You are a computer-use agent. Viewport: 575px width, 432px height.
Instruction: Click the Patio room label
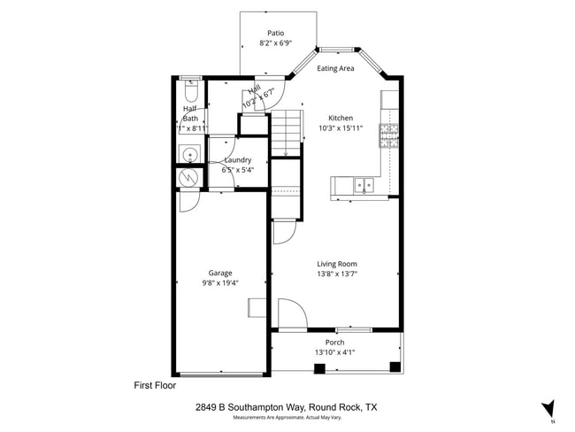coord(277,32)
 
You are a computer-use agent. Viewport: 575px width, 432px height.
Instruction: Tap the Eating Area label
coord(336,68)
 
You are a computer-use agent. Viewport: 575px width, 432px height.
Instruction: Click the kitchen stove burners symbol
coord(388,135)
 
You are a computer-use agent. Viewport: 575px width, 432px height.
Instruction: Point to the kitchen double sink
coord(363,185)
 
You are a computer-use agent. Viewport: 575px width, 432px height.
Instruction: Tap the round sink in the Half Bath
coord(188,156)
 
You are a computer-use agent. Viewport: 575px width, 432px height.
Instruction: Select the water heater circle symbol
coord(188,177)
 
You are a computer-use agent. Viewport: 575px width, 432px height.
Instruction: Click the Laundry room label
coord(237,160)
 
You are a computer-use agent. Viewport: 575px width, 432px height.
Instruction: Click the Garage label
coord(220,273)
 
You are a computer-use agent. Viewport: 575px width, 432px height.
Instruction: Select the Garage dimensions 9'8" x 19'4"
coord(220,283)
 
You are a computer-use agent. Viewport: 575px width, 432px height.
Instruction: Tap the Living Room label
coord(337,264)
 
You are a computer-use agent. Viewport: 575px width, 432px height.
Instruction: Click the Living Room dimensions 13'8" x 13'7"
coord(337,274)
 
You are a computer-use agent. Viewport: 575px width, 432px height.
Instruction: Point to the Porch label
coord(334,343)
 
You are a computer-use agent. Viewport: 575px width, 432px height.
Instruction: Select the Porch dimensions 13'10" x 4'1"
coord(334,353)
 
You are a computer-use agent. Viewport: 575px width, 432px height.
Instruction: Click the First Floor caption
coord(155,385)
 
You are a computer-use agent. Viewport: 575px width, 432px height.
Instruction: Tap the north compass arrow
coord(548,408)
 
